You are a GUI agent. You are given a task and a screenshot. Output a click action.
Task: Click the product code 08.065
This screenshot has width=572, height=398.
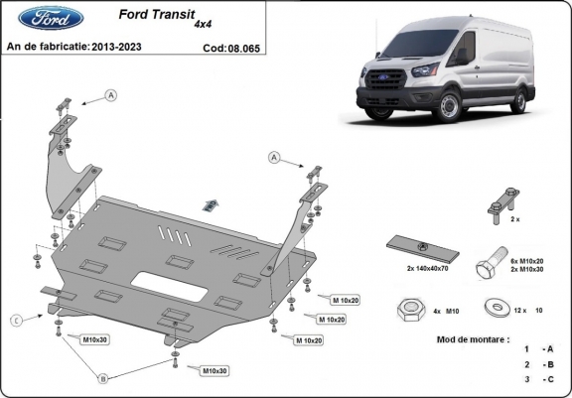coord(245,47)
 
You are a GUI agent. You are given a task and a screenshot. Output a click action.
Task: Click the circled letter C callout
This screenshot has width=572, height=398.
coord(17,319)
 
